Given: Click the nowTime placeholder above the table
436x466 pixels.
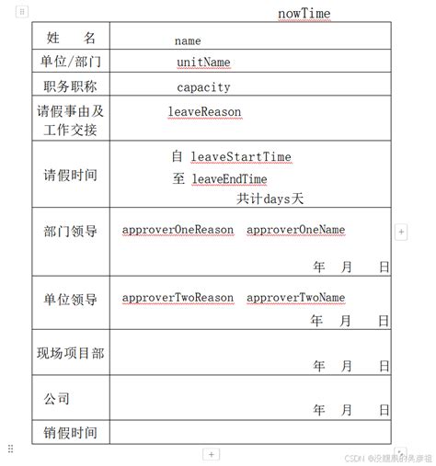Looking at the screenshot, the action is (x=304, y=13).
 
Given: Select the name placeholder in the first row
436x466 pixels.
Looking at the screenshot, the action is (x=188, y=40).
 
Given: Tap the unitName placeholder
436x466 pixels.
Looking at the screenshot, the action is (x=203, y=63).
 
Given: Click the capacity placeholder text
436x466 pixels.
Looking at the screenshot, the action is (x=203, y=87).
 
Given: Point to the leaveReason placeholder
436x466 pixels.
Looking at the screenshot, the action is (x=204, y=111).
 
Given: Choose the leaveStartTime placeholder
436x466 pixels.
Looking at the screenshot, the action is (x=241, y=156).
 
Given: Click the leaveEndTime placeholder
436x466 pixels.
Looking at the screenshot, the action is (x=229, y=178).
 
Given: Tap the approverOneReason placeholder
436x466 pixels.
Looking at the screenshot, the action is (x=178, y=229).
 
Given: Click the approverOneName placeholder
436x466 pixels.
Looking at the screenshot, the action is (x=296, y=229).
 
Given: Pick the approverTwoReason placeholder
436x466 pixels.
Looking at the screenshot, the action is (x=178, y=298).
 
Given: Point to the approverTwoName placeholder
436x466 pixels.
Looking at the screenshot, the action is (x=296, y=298).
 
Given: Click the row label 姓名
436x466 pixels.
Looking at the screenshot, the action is (x=70, y=38).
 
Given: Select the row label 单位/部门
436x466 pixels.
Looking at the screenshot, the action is (x=70, y=62).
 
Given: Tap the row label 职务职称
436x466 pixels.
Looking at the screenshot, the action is (x=70, y=86).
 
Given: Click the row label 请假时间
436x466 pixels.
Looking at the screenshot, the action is (x=70, y=175).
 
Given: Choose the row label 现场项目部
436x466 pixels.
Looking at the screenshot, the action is (x=70, y=353).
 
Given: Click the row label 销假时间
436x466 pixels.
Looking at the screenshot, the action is (x=70, y=432).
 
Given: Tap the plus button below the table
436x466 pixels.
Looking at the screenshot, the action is (x=211, y=454).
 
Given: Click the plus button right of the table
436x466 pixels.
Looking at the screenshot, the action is (x=400, y=233).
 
